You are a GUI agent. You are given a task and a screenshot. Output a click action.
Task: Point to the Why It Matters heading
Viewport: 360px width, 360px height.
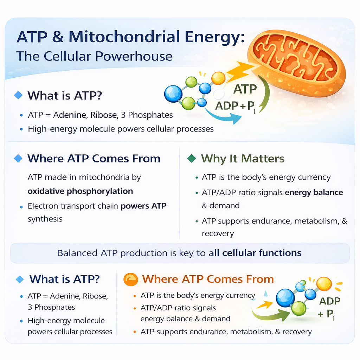point(243,159)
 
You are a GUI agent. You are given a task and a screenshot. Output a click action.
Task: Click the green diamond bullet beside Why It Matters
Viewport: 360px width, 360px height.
point(192,159)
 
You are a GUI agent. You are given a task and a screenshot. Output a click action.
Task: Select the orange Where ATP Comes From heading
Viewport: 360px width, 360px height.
point(208,279)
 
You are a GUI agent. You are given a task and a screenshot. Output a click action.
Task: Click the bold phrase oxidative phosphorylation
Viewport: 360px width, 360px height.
point(81,192)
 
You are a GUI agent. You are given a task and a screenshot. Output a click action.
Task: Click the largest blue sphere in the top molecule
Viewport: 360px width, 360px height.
point(173,94)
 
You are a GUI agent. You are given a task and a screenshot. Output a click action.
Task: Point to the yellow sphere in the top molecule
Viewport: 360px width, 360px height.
point(218,78)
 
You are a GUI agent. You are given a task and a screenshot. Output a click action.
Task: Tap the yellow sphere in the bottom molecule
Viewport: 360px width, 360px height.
point(324,283)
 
